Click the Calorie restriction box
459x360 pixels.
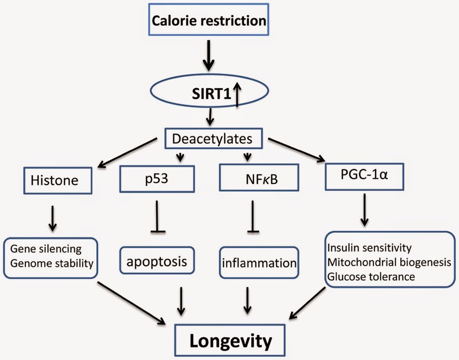point(208,20)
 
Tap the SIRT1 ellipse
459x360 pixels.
point(209,91)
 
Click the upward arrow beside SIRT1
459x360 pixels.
point(237,94)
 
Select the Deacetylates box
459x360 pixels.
point(214,138)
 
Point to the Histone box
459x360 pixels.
point(58,180)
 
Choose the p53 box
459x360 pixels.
point(157,179)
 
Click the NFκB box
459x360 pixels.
point(259,178)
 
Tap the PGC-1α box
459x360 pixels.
point(364,177)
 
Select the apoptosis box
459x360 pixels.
point(157,261)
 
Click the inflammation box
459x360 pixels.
point(259,263)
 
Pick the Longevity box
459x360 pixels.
point(230,340)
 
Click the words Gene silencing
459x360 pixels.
point(46,249)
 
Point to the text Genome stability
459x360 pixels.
point(52,263)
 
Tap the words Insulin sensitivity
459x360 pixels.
point(369,248)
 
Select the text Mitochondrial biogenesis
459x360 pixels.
point(390,262)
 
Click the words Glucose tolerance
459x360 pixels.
point(371,276)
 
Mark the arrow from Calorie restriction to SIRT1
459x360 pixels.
point(208,55)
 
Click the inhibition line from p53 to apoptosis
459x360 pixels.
point(157,217)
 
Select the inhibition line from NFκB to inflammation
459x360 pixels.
point(253,217)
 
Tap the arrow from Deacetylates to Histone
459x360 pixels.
point(127,153)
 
